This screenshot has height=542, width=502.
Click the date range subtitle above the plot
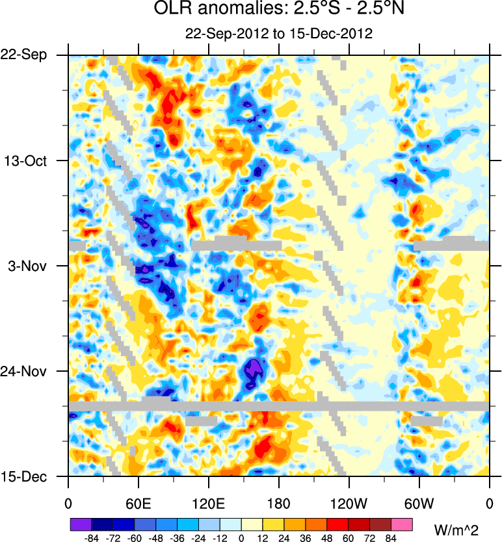coord(278,34)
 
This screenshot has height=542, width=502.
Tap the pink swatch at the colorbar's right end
coord(403,524)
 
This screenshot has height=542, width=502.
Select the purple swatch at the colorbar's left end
coord(80,524)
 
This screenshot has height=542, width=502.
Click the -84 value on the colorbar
coord(91,537)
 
